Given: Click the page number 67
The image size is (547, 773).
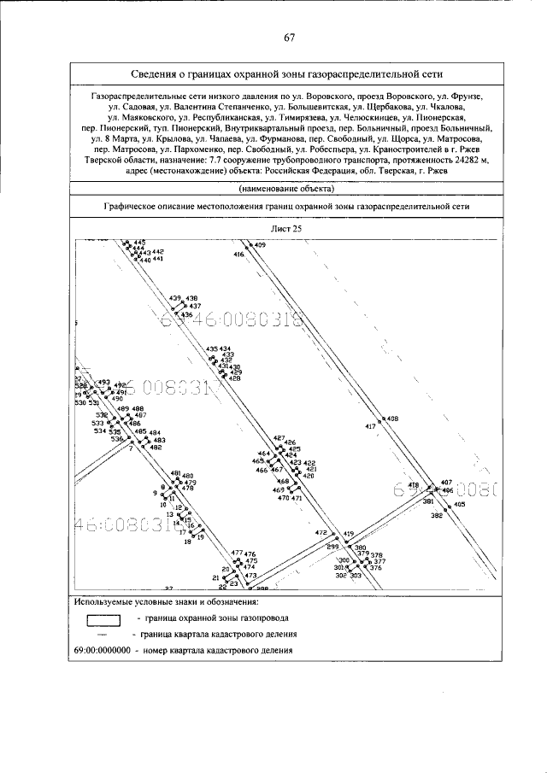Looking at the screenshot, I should [290, 37].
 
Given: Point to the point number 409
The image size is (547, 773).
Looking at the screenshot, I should [260, 245].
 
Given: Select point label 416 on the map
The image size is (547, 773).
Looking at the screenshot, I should [238, 255].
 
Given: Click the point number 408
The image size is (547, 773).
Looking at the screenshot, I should [392, 419].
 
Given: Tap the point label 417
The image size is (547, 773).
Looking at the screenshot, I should [370, 425].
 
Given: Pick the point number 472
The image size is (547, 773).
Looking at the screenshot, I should [321, 533].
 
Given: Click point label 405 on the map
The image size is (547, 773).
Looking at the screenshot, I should [459, 506].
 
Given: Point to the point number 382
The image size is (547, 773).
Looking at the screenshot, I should [436, 516].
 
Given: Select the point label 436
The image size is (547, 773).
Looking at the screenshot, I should [186, 315].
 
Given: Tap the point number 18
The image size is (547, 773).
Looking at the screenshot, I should [187, 542].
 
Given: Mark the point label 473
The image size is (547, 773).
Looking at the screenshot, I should [250, 577].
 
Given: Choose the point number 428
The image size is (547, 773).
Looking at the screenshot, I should [235, 378].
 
